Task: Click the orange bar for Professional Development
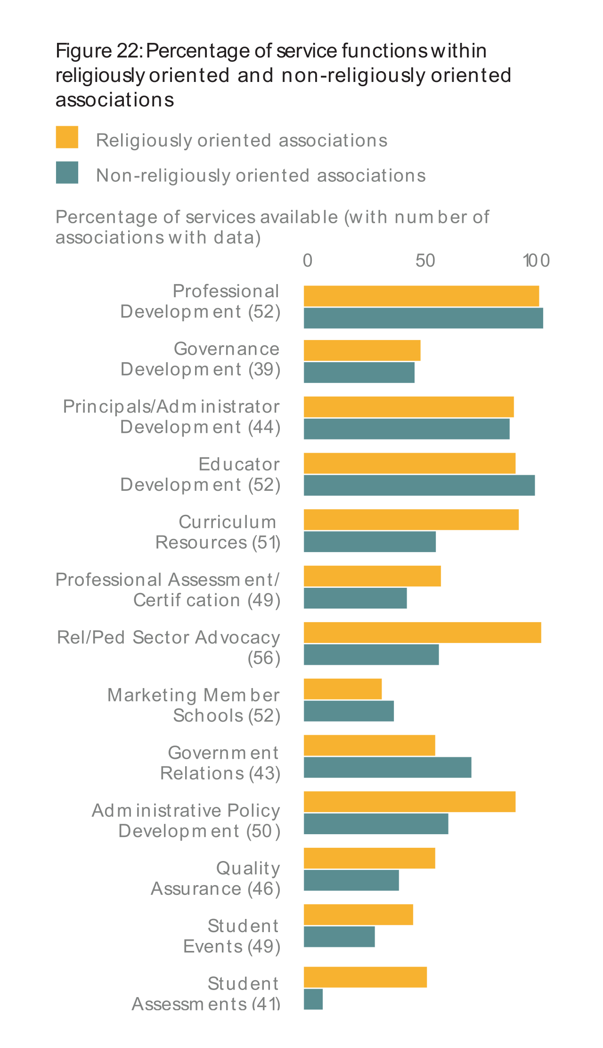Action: pyautogui.click(x=421, y=296)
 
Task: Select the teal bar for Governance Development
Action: pyautogui.click(x=359, y=373)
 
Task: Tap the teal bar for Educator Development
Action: pyautogui.click(x=419, y=485)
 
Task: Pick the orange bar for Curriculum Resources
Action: pyautogui.click(x=411, y=520)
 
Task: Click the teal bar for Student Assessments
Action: pyautogui.click(x=313, y=999)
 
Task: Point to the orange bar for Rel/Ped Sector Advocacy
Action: pyautogui.click(x=422, y=633)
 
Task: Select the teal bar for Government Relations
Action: pyautogui.click(x=387, y=767)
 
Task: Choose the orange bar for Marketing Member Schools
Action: pyautogui.click(x=342, y=689)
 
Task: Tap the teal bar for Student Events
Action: pyautogui.click(x=339, y=937)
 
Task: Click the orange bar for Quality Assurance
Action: pyautogui.click(x=369, y=858)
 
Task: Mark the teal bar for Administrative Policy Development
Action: pyautogui.click(x=376, y=824)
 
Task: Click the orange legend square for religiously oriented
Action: pyautogui.click(x=67, y=137)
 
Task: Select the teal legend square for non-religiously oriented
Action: pyautogui.click(x=67, y=172)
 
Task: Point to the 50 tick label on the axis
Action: pyautogui.click(x=425, y=260)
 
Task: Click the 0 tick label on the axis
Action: pyautogui.click(x=307, y=260)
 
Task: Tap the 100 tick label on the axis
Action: pyautogui.click(x=537, y=260)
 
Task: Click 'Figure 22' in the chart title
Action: pyautogui.click(x=98, y=51)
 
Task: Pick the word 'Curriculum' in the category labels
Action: pyautogui.click(x=227, y=522)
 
